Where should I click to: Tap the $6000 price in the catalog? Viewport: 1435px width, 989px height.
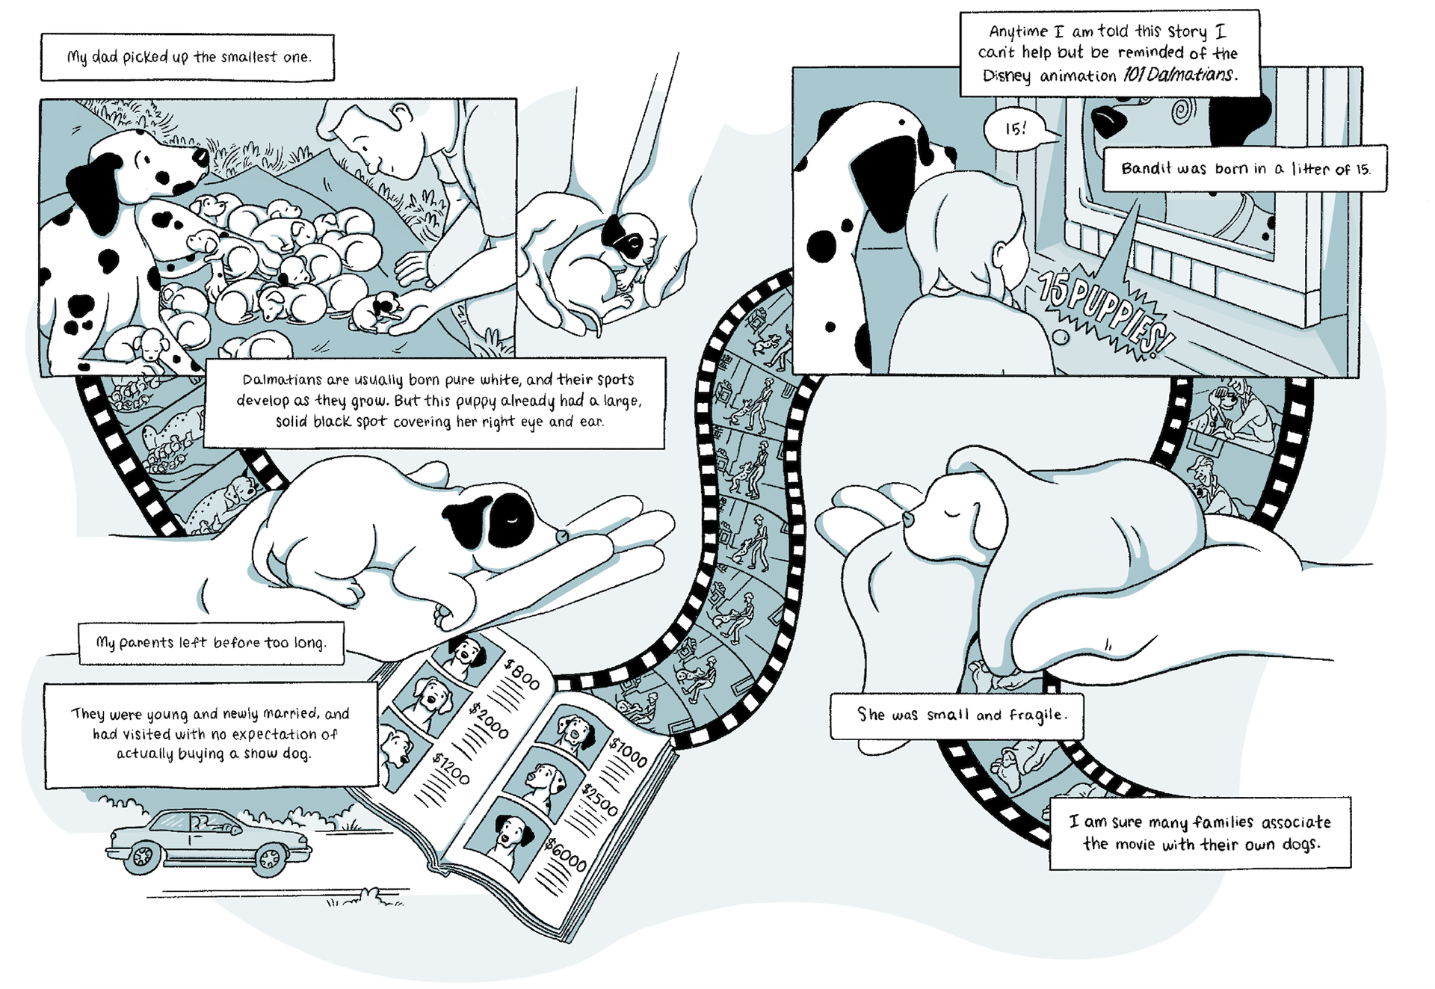click(566, 854)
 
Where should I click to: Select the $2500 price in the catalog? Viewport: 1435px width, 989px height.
click(600, 800)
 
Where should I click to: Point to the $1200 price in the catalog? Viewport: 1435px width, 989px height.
click(451, 768)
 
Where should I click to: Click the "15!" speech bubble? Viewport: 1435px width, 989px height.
click(1016, 129)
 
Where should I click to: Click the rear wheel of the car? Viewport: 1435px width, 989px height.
click(141, 857)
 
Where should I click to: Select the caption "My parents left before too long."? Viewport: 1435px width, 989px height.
click(211, 643)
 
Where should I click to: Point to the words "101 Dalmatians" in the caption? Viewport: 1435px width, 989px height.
click(1179, 75)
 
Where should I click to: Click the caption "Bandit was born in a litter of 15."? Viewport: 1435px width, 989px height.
click(1245, 169)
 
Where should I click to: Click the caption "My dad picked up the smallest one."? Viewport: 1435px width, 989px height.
click(188, 57)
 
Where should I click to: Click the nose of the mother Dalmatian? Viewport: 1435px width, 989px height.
click(201, 156)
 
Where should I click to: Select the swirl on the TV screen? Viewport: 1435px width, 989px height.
click(1183, 112)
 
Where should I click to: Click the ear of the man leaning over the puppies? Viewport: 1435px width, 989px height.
click(402, 114)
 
